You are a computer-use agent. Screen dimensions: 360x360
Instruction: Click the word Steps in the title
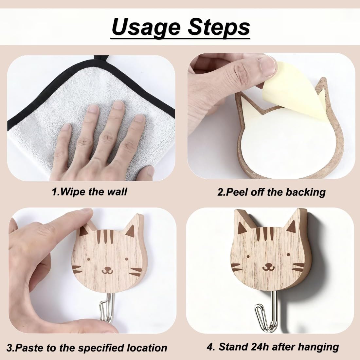coord(219,27)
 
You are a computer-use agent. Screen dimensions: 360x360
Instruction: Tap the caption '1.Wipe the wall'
coord(89,191)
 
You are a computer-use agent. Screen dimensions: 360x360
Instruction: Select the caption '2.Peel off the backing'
coord(271,192)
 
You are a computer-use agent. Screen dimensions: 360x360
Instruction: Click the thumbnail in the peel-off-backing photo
coord(266,66)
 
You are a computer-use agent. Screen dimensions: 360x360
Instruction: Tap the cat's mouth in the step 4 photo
coord(268,267)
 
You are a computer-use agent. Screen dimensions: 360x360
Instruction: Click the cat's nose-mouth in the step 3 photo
coord(107,270)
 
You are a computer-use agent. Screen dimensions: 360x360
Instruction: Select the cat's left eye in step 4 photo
coord(248,256)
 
